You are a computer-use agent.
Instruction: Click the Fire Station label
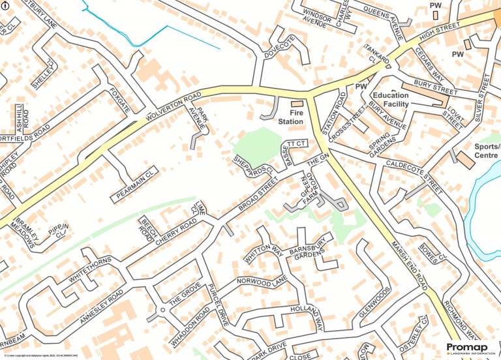coord(291,117)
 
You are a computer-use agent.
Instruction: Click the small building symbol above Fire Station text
coord(297,104)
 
